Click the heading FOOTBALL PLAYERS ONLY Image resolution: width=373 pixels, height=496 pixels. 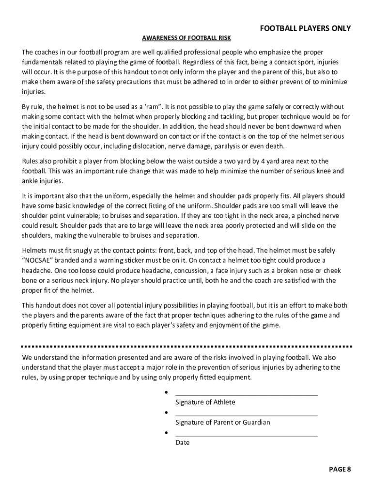pos(305,29)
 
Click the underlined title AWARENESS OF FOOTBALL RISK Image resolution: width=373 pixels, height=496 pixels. pos(186,38)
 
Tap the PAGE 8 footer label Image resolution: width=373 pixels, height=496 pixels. pos(340,469)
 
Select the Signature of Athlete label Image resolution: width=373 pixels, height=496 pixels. pos(205,402)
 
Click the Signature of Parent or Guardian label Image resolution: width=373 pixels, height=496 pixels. pos(222,422)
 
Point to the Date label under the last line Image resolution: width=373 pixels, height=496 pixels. pos(183,443)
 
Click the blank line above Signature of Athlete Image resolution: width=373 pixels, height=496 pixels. pos(246,395)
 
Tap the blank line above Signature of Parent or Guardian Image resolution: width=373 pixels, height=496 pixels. pos(246,415)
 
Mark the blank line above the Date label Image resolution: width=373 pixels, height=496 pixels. pos(246,435)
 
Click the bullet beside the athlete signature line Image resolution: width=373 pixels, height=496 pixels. pos(166,392)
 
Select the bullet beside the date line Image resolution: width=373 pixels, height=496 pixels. pos(166,433)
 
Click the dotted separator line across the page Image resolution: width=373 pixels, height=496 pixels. pos(186,347)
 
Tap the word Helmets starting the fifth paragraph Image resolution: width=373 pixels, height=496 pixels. pos(35,250)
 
